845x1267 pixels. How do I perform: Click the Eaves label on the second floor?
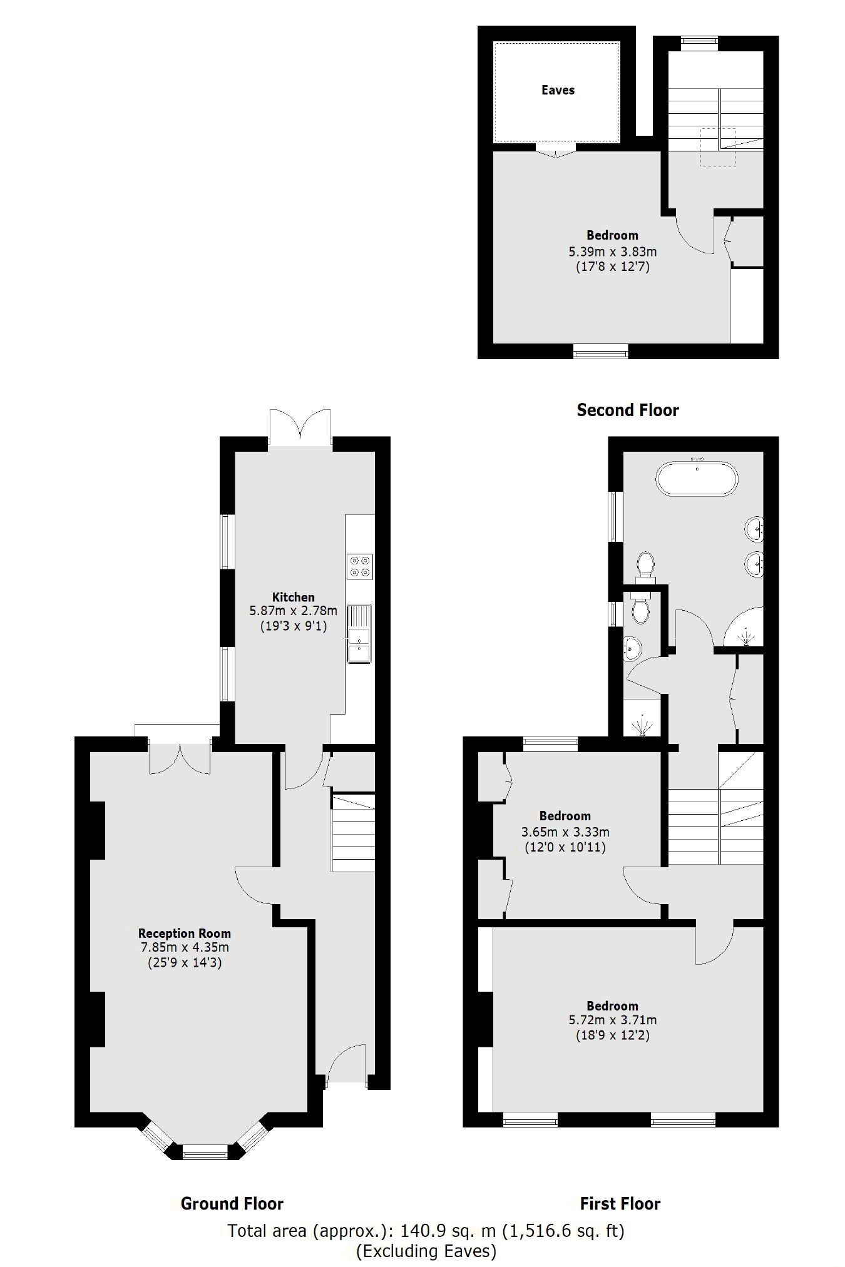558,90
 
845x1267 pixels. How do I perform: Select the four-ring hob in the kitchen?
360,566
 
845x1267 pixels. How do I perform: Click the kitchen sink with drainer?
359,633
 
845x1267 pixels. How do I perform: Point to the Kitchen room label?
293,597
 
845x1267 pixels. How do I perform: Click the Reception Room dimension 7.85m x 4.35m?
185,948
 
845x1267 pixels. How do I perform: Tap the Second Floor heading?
627,410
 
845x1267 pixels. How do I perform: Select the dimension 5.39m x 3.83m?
612,252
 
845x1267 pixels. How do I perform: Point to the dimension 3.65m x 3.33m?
565,833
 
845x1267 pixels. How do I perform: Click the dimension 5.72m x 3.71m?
612,1020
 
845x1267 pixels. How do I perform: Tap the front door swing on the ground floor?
346,1064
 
